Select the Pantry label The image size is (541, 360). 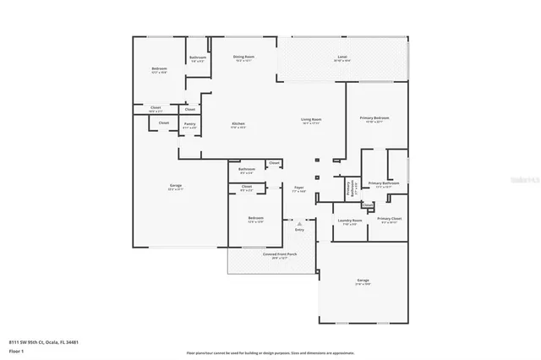189,125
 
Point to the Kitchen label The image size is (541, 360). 238,126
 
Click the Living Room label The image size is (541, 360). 311,121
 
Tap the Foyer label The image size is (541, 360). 298,188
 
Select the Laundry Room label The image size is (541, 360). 347,221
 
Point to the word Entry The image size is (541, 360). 299,230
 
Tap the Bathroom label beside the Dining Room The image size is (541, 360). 197,58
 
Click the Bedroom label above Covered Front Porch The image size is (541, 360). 255,220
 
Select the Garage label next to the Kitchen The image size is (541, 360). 176,187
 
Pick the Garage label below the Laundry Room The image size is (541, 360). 363,281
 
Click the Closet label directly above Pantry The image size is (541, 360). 190,109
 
